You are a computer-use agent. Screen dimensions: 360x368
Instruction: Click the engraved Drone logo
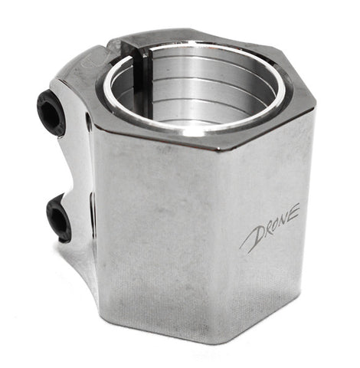(x=270, y=228)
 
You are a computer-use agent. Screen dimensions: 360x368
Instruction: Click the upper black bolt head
(x=50, y=113)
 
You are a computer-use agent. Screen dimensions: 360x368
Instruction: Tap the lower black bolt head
(x=59, y=218)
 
